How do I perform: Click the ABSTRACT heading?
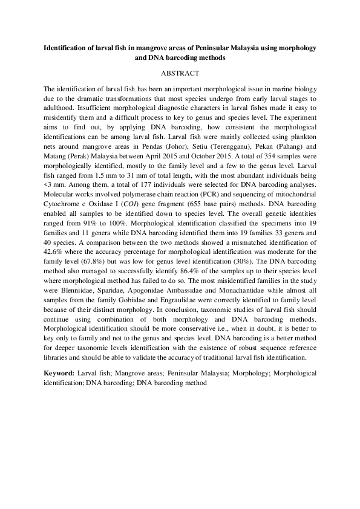[x=180, y=73]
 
